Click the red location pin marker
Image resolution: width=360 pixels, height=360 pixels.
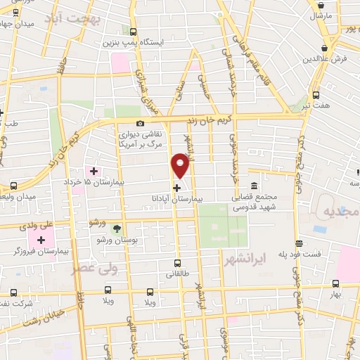pyautogui.click(x=181, y=166)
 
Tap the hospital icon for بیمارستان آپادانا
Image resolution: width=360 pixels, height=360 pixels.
pyautogui.click(x=176, y=188)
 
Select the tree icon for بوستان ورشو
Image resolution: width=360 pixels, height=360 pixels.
pyautogui.click(x=117, y=228)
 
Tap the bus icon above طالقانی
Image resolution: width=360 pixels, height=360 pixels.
pyautogui.click(x=177, y=264)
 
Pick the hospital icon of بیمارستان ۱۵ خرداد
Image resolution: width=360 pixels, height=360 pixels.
pyautogui.click(x=94, y=171)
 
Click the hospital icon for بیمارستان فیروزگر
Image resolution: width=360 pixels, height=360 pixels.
pyautogui.click(x=41, y=240)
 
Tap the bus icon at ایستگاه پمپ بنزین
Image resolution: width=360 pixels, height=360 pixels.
pyautogui.click(x=134, y=31)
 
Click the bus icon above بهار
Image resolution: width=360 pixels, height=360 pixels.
pyautogui.click(x=335, y=284)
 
